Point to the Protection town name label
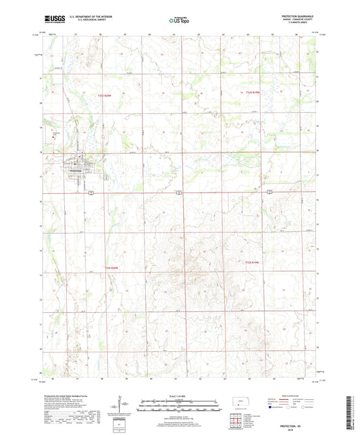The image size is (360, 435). tap(74, 170)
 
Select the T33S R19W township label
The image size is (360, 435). tap(251, 262)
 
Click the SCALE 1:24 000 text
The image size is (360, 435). tap(180, 396)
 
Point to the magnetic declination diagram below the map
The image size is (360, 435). tap(122, 407)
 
